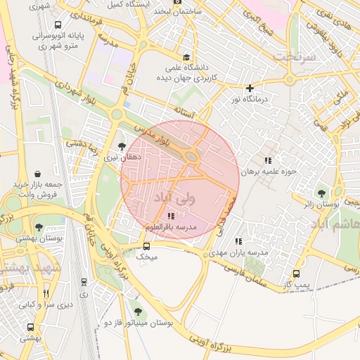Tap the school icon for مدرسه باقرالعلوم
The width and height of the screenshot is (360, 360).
172,216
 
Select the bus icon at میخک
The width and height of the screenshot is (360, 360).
146,246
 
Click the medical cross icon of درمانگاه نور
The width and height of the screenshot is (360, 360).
250,88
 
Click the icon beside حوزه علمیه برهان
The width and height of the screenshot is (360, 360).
266,161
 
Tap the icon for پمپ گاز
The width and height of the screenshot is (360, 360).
296,274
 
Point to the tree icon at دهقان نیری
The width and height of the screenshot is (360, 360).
122,146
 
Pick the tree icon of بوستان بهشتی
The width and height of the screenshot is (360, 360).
39,227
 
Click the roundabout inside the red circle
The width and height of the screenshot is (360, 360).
191,157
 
